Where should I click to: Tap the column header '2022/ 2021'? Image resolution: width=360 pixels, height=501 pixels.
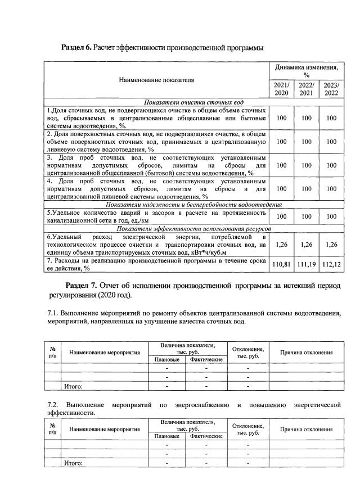click(306, 89)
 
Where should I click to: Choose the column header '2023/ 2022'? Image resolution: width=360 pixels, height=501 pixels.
click(331, 89)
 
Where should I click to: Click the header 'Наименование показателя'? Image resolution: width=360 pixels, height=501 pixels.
click(156, 80)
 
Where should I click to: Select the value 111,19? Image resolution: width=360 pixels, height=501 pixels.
click(306, 264)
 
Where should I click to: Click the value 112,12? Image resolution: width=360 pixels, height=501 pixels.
click(331, 264)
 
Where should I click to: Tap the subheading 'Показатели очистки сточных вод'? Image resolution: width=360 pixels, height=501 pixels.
click(193, 103)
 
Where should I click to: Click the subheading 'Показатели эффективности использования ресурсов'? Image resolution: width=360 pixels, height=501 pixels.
click(193, 229)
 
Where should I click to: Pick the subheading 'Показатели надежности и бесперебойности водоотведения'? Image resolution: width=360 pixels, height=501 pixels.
click(193, 204)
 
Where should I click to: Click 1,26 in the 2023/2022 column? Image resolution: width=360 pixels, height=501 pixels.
click(331, 244)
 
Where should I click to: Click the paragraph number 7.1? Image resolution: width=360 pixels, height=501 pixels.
click(53, 312)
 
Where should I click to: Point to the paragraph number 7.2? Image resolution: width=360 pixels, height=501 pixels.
click(53, 404)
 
